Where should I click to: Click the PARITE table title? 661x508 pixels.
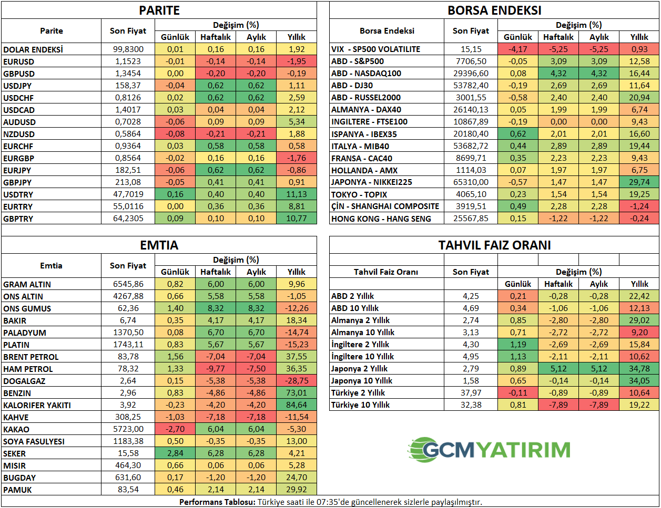point(159,11)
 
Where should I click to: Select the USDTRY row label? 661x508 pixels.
point(18,194)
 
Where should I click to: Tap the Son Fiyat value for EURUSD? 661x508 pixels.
point(128,61)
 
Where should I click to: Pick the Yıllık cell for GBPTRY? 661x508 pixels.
point(297,219)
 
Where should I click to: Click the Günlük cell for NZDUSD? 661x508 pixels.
point(175,134)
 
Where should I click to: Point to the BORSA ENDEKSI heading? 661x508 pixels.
point(494,11)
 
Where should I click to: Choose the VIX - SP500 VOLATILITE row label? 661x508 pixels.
point(375,49)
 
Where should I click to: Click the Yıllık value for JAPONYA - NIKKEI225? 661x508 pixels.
point(639,182)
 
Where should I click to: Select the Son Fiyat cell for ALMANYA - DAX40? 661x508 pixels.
point(471,110)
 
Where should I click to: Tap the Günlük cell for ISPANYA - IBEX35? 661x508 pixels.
point(518,134)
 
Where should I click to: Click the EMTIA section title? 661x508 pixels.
point(159,245)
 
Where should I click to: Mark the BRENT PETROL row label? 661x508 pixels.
point(30,357)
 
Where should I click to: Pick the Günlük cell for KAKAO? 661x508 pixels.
point(175,429)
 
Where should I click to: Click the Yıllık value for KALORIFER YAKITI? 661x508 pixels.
point(297,405)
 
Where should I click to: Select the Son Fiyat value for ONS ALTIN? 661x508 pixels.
point(128,296)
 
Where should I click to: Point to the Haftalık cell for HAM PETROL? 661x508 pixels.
point(216,369)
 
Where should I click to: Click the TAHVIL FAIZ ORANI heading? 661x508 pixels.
point(494,245)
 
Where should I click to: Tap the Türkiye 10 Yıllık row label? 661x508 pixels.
point(360,405)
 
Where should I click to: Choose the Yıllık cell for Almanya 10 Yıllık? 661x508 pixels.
point(639,333)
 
